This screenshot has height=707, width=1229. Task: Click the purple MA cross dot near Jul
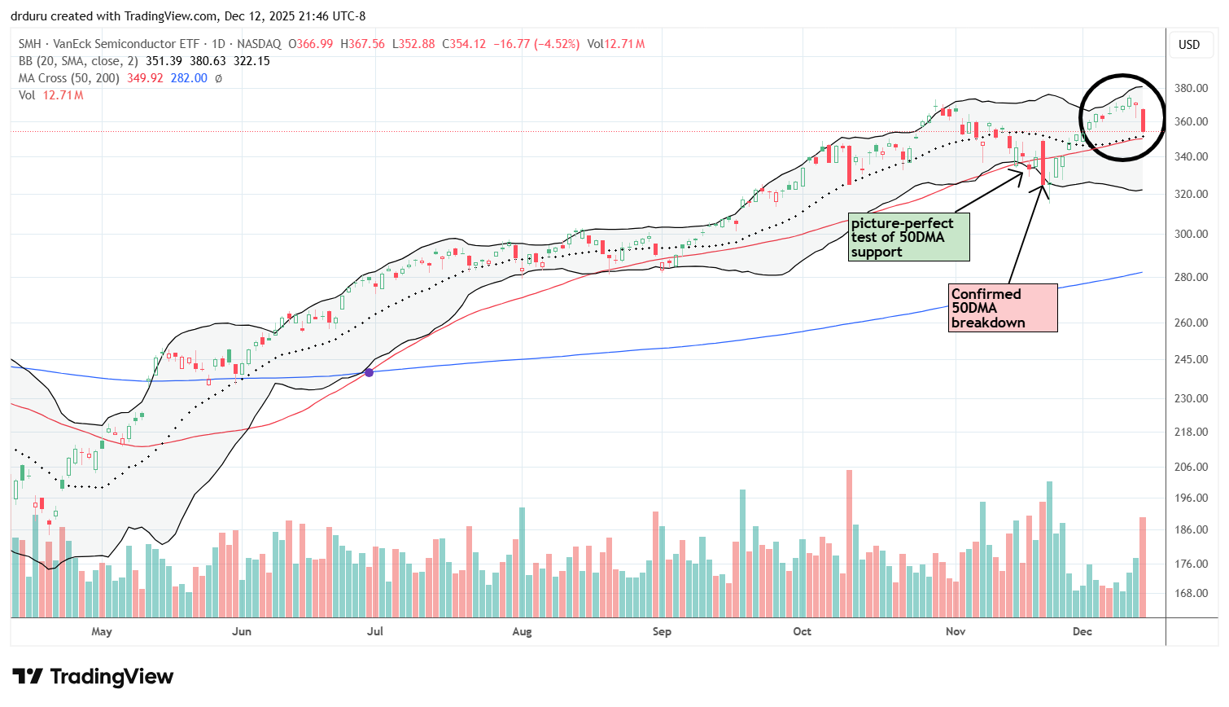tap(369, 372)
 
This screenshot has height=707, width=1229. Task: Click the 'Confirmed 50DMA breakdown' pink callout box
tap(1004, 308)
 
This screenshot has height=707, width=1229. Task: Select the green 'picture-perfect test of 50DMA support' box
tap(908, 237)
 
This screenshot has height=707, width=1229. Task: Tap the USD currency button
tap(1189, 45)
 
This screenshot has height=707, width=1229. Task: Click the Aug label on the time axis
tap(522, 632)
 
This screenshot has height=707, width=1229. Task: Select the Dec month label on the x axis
tap(1082, 632)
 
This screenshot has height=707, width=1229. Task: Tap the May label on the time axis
tap(102, 632)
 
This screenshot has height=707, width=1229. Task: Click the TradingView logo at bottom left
tap(93, 677)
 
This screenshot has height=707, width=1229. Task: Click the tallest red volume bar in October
tap(849, 543)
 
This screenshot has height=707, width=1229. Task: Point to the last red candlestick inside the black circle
tap(1144, 120)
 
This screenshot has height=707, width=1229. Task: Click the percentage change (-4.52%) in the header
tap(557, 44)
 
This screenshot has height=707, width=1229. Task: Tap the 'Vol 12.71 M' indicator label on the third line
tap(50, 95)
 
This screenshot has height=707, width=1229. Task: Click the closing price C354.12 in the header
tap(464, 44)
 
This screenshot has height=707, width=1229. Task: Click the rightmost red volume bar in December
tap(1143, 567)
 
